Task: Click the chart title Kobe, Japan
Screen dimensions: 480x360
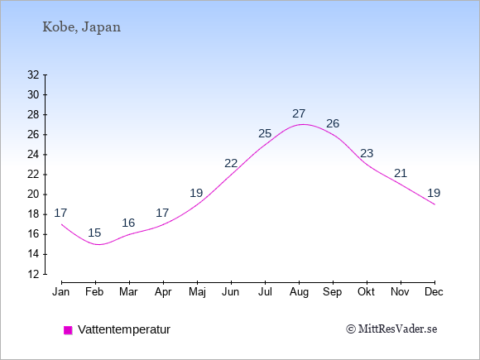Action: point(81,27)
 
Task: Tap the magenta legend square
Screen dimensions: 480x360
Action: point(68,330)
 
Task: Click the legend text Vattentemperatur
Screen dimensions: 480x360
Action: point(124,329)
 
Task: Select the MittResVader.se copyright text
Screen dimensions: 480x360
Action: point(391,329)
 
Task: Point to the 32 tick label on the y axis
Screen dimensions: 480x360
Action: point(33,74)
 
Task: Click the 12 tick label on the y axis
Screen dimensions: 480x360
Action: point(33,274)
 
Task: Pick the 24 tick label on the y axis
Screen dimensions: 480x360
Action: point(33,155)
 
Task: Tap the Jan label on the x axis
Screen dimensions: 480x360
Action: point(61,292)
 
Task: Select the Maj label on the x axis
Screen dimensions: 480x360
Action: point(197,292)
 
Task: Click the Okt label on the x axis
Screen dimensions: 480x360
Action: point(367,292)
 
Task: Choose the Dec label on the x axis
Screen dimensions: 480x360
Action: point(434,292)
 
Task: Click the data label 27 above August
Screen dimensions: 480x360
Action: point(299,113)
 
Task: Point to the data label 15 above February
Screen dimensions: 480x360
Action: point(94,233)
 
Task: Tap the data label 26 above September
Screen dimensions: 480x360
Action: point(333,123)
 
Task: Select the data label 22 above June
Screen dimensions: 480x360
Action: point(231,164)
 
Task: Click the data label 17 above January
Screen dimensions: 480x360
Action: point(60,213)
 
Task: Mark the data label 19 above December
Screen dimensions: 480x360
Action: point(434,193)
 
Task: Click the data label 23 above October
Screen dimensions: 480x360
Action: point(367,153)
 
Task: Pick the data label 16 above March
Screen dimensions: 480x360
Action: point(128,223)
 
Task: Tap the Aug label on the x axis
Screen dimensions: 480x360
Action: point(299,292)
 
